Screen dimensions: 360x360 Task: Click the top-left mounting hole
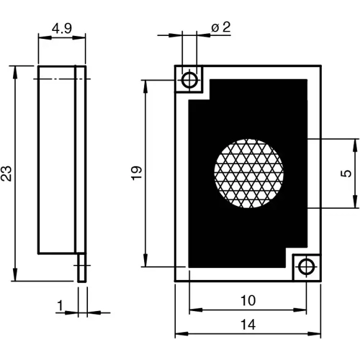pyautogui.click(x=191, y=78)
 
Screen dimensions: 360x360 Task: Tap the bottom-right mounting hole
pyautogui.click(x=306, y=266)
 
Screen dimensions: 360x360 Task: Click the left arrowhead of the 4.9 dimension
pyautogui.click(x=40, y=40)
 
